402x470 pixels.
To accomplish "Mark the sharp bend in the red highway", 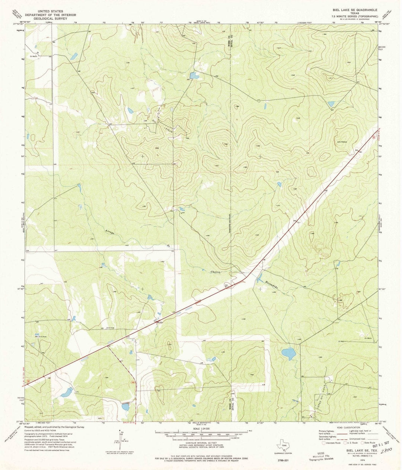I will coord(244,278).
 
